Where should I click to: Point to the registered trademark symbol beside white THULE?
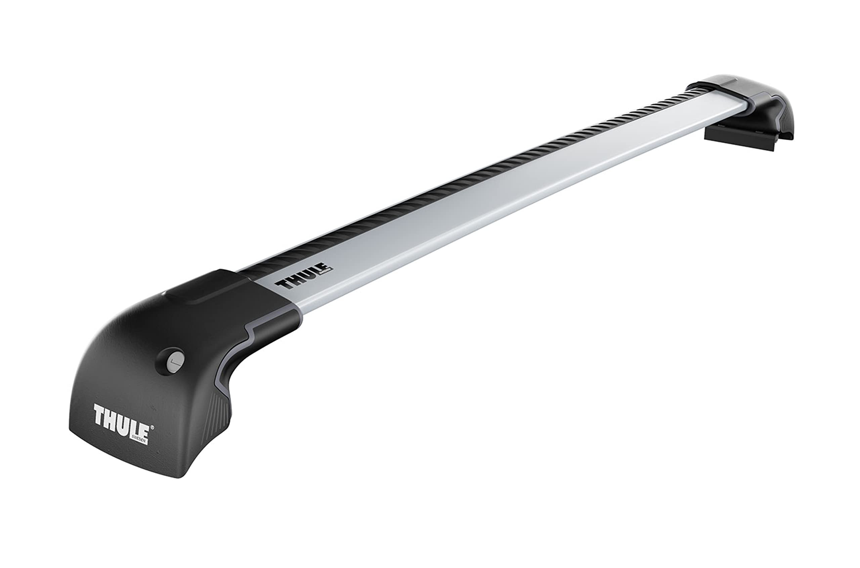152,428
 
